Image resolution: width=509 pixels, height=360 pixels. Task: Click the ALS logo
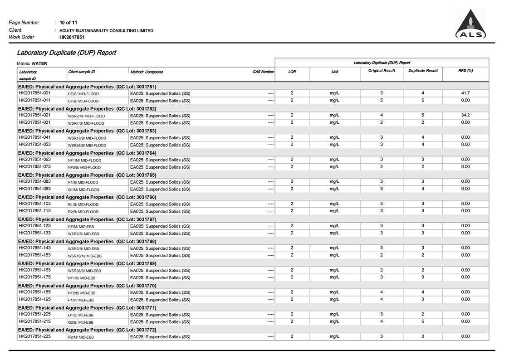click(x=470, y=25)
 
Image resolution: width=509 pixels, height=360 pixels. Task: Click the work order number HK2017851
click(x=72, y=37)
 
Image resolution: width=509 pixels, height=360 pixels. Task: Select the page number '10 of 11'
click(x=69, y=22)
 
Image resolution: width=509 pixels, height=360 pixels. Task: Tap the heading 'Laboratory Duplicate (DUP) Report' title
click(x=66, y=53)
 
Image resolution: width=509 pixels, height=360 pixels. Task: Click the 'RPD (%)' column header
click(x=465, y=71)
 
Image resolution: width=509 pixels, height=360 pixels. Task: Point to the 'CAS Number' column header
click(x=263, y=72)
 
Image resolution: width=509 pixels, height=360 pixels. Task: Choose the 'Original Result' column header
click(x=381, y=71)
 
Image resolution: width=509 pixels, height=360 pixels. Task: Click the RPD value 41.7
click(x=465, y=93)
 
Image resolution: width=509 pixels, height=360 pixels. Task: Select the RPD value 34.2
click(x=465, y=115)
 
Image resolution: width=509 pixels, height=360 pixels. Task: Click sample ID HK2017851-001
click(x=34, y=93)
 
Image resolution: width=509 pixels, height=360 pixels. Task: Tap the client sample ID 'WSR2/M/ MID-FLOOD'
click(x=86, y=116)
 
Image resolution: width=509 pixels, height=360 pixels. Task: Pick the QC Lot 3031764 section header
click(x=87, y=153)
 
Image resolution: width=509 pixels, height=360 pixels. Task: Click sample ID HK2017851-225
click(x=34, y=336)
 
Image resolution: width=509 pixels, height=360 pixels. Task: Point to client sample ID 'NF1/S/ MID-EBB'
click(x=82, y=278)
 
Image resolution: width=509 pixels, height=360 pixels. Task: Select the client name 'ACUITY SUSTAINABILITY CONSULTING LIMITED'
click(x=107, y=30)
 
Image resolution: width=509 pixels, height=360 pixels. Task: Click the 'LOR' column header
click(x=292, y=72)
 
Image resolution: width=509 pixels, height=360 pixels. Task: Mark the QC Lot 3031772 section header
click(x=87, y=330)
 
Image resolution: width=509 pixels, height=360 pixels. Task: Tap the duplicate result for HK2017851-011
click(x=423, y=100)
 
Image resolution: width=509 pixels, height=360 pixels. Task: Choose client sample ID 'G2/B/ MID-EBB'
click(x=81, y=322)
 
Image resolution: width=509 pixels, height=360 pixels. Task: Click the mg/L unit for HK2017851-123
click(x=334, y=226)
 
